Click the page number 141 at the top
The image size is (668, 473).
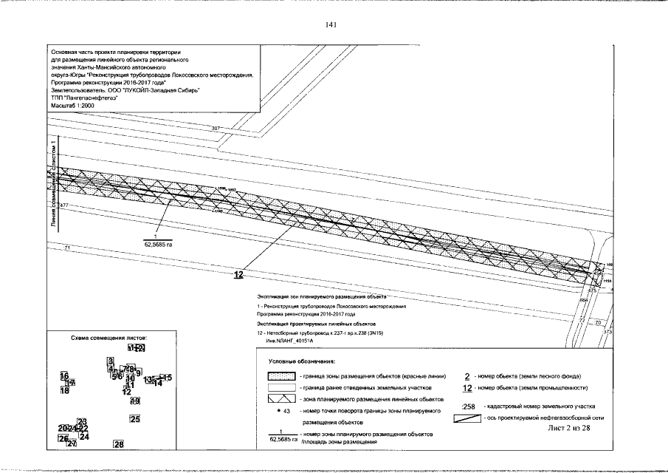(x=331, y=25)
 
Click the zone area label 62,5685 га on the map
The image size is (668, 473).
(x=156, y=242)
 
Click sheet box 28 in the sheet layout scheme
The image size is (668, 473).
(x=118, y=444)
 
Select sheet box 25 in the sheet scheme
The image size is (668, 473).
(x=135, y=419)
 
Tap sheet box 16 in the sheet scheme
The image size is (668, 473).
(x=64, y=375)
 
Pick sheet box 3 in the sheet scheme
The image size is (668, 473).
(x=110, y=360)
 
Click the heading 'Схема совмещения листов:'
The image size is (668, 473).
(x=114, y=336)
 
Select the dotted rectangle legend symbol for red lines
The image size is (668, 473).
(x=281, y=376)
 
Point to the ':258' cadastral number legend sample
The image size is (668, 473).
(x=467, y=406)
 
